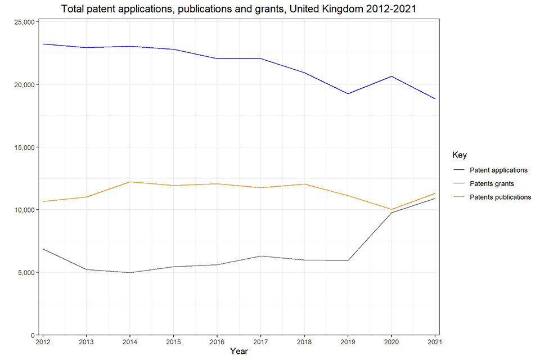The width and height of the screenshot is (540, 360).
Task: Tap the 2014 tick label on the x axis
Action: pos(130,341)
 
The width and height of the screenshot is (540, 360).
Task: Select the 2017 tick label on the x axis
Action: pos(260,341)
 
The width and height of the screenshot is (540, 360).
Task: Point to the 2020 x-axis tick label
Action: pos(391,341)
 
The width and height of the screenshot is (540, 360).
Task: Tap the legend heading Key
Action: pos(460,155)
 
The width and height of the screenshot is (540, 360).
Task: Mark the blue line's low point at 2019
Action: pos(348,93)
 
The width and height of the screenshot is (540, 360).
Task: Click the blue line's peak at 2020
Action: pos(391,76)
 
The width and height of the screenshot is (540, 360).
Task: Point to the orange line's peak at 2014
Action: pos(130,182)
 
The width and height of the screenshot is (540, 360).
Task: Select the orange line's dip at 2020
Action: pos(391,209)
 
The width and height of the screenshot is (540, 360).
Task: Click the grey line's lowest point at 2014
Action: pos(130,272)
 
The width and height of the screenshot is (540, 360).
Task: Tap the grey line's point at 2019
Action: pos(348,260)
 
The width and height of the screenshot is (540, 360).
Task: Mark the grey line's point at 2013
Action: pos(86,269)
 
